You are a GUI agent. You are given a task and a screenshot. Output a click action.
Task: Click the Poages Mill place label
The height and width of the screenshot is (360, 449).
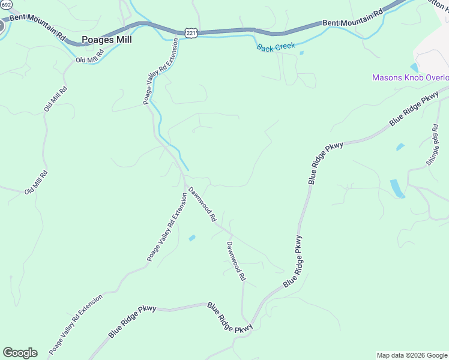coord(106,40)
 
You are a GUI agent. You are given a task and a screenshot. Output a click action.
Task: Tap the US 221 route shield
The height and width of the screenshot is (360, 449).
coord(191,34)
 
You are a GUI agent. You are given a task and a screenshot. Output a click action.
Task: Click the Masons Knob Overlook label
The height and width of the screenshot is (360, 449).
coord(410,78)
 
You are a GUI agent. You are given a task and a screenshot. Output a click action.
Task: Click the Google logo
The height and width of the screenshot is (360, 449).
coord(20,353)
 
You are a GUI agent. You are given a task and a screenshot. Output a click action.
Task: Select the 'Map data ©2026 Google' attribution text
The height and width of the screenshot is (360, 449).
coord(412,355)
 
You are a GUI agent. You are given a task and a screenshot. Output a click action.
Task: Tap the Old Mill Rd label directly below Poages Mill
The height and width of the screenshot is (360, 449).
coord(90,56)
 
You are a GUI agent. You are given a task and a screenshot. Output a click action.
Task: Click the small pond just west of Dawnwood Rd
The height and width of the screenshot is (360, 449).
coord(192,238)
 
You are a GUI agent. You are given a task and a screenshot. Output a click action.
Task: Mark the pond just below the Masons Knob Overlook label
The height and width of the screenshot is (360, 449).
coord(414,68)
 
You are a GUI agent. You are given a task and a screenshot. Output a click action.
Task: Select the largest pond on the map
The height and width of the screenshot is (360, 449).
coord(397,188)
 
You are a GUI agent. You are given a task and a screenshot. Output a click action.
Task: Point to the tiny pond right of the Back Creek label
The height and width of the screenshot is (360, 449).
coord(301,53)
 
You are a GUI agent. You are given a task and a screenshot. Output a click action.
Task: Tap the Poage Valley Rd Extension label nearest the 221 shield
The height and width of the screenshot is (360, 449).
coord(160,72)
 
